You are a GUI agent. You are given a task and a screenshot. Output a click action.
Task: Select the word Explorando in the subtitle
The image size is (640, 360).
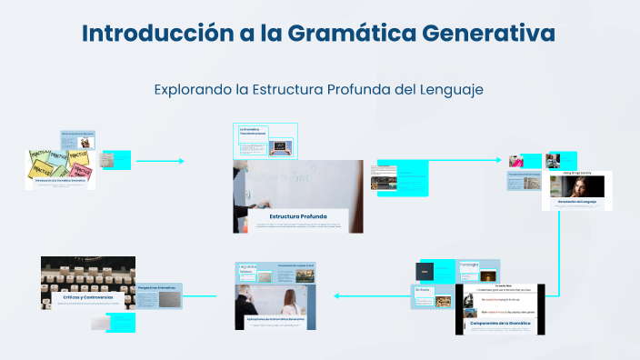coord(193,90)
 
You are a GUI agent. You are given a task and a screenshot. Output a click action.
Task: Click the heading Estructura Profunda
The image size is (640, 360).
coord(297,215)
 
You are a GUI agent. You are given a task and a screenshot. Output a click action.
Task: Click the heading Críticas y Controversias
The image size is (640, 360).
coord(88,296)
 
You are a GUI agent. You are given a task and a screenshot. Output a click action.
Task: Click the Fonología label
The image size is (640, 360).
coord(469,265)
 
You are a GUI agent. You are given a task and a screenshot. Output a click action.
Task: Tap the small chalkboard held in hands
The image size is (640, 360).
coord(281,145)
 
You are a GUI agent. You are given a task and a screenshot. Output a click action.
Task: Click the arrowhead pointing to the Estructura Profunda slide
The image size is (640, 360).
coord(180,161)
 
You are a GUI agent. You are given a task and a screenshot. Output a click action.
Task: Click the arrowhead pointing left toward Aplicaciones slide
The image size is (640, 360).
coord(338,295)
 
